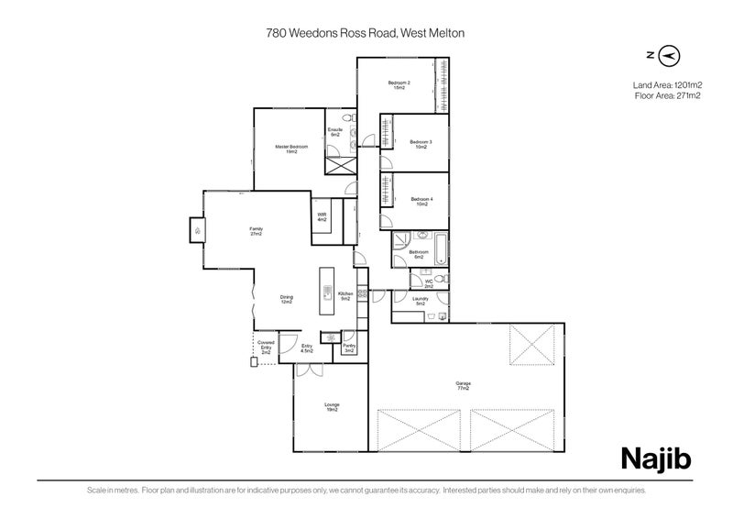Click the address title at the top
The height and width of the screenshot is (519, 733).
pyautogui.click(x=366, y=31)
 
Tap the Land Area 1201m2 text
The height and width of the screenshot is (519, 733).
pyautogui.click(x=666, y=84)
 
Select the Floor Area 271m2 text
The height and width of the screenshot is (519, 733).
pyautogui.click(x=666, y=94)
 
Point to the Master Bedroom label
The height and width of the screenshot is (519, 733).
pyautogui.click(x=291, y=149)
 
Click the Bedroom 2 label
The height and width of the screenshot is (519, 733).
pyautogui.click(x=399, y=85)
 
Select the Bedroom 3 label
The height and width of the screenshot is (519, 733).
pyautogui.click(x=421, y=144)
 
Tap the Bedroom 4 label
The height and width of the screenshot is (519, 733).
pyautogui.click(x=421, y=202)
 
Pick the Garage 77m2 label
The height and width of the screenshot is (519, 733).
pyautogui.click(x=463, y=386)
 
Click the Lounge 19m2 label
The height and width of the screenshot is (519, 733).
pyautogui.click(x=331, y=407)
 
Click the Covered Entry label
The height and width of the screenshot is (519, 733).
pyautogui.click(x=266, y=347)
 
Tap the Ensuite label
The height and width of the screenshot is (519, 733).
pyautogui.click(x=335, y=132)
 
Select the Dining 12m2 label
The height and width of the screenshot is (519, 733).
pyautogui.click(x=287, y=299)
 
